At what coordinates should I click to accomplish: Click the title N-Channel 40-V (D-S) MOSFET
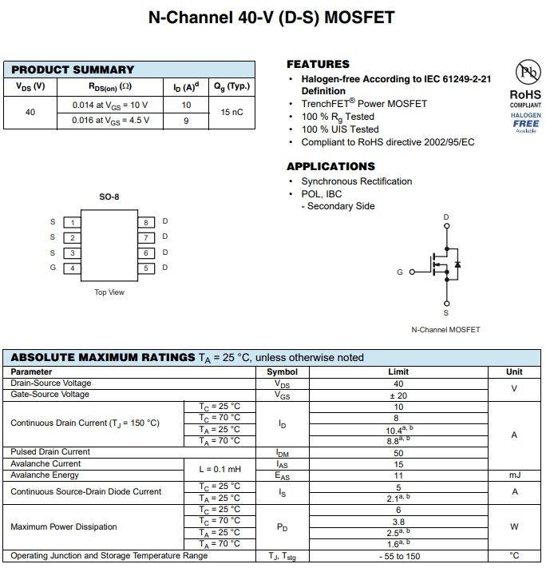coord(271,17)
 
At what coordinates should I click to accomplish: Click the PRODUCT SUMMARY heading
coord(73,70)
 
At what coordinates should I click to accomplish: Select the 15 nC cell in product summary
coord(231,112)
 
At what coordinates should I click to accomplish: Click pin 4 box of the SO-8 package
coord(72,268)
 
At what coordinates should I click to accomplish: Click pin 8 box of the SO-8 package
coord(146,222)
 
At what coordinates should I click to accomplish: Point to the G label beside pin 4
coord(53,268)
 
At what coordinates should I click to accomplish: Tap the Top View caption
coord(109,292)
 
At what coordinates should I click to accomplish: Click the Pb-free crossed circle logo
coord(525,74)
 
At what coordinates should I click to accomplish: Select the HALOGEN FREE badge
coord(525,122)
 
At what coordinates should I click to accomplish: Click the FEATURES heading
coord(318,64)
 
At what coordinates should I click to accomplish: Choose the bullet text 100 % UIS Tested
coord(339,129)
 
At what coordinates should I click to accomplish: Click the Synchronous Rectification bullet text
coord(356,181)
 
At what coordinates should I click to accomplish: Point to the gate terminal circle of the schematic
coord(412,272)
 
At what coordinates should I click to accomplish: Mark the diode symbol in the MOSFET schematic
coord(457,264)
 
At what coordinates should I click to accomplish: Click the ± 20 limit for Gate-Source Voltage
coord(398,395)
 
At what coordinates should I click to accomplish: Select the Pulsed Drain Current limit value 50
coord(398,452)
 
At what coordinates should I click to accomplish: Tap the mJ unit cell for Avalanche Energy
coord(514,475)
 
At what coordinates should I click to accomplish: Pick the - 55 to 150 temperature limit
coord(398,556)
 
